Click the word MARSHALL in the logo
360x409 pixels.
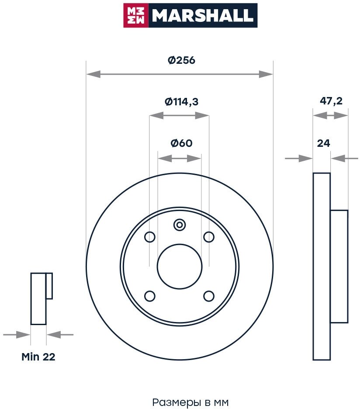pyautogui.click(x=202, y=16)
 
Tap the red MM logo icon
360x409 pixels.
pyautogui.click(x=136, y=16)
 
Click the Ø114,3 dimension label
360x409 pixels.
pyautogui.click(x=181, y=102)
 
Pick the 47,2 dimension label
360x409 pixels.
pyautogui.click(x=331, y=101)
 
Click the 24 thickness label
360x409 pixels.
pyautogui.click(x=323, y=143)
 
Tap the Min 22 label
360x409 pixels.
pyautogui.click(x=38, y=357)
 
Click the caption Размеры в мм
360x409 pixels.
pyautogui.click(x=190, y=402)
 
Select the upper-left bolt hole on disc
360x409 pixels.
pyautogui.click(x=150, y=237)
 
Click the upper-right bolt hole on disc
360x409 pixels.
pyautogui.click(x=209, y=237)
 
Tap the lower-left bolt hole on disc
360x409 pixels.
pyautogui.click(x=150, y=296)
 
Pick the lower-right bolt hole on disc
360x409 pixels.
pyautogui.click(x=209, y=296)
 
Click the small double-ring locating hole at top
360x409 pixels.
pyautogui.click(x=180, y=225)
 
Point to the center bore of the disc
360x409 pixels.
pyautogui.click(x=180, y=267)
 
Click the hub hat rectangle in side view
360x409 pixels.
pyautogui.click(x=339, y=267)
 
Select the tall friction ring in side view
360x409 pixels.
pyautogui.click(x=322, y=267)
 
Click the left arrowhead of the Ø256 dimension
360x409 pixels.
pyautogui.click(x=91, y=74)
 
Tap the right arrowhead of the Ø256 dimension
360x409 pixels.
pyautogui.click(x=267, y=74)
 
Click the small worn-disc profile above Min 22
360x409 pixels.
pyautogui.click(x=39, y=299)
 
